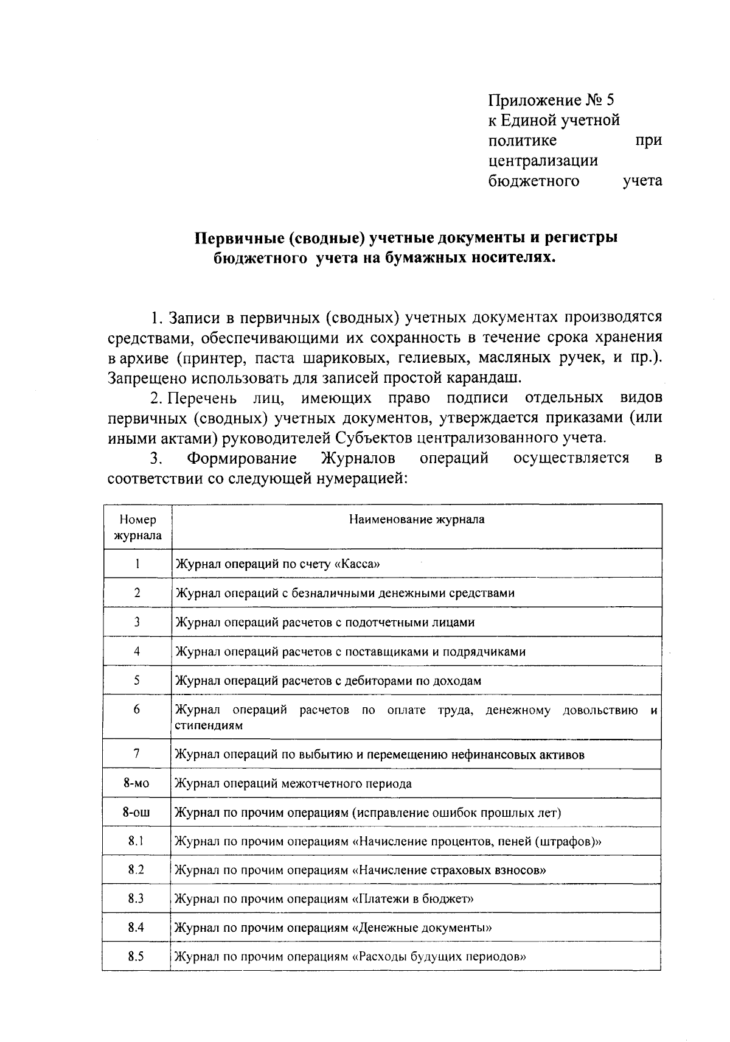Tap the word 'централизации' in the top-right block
pos(543,161)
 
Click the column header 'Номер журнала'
pos(137,528)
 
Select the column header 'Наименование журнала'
pos(416,520)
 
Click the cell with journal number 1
pos(137,564)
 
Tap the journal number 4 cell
pos(137,651)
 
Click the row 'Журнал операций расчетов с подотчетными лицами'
pos(325,622)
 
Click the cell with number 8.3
pos(136,899)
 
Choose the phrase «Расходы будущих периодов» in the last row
pos(439,957)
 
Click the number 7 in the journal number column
pos(137,754)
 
